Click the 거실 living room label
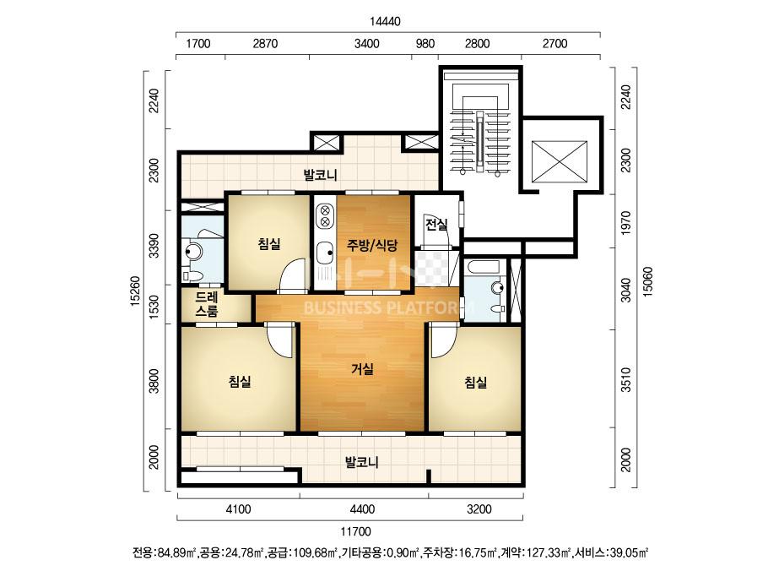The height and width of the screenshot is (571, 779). coord(362,369)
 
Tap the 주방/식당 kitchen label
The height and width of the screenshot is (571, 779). coord(372,245)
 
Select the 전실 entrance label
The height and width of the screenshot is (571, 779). coord(436,225)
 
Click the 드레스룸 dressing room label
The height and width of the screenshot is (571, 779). coord(206,304)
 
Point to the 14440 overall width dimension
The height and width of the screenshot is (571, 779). coord(385,21)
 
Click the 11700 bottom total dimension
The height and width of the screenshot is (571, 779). coord(355,531)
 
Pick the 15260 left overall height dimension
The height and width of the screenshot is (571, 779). coord(136,291)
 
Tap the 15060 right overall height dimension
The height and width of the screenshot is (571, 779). coord(648,282)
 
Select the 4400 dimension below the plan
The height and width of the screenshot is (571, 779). coord(362,509)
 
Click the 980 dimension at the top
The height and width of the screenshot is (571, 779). coord(425,44)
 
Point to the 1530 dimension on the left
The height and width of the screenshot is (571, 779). coord(154,304)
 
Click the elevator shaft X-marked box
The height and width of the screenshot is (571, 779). coord(559,161)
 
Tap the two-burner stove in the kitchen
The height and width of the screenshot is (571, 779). coord(325,215)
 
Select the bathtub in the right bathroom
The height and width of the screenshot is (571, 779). coord(482,267)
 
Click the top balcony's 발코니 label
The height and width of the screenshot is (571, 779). coord(321,175)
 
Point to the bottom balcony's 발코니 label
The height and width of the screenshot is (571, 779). coord(362,463)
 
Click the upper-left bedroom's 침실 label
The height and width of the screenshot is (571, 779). coord(269,244)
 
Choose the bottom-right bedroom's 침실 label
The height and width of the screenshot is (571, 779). coord(475,382)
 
